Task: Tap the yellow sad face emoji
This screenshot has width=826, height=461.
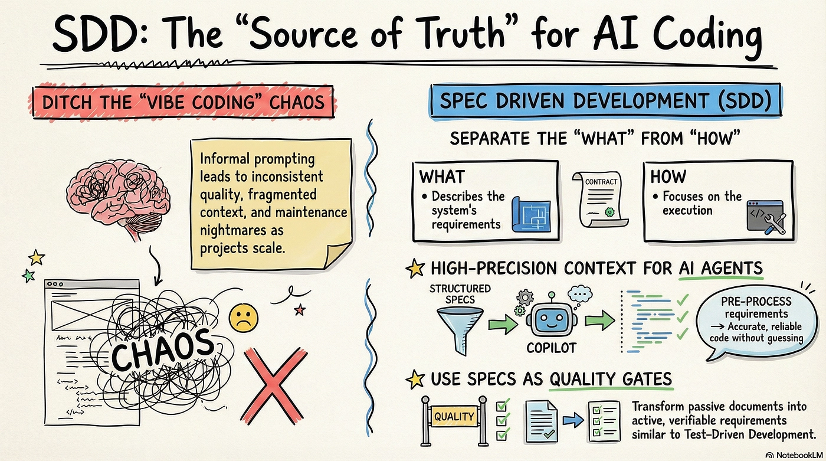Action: (x=243, y=318)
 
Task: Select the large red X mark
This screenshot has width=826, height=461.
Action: (x=274, y=385)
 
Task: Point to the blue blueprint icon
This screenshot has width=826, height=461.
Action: (x=531, y=214)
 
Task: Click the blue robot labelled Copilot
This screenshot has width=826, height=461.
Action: (x=551, y=316)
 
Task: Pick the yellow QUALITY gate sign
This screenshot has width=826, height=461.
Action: (x=454, y=416)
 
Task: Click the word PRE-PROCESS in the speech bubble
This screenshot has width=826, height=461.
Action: (x=756, y=302)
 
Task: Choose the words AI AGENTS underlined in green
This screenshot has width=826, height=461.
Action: (x=720, y=268)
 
